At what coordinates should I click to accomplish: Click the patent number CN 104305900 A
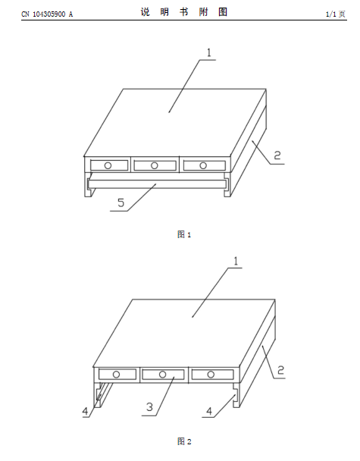(x=47, y=14)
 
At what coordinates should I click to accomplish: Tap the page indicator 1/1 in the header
(x=331, y=14)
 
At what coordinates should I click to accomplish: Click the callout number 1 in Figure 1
(x=209, y=52)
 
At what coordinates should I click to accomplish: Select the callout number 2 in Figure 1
(x=277, y=155)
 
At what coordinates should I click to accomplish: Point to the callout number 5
(x=121, y=202)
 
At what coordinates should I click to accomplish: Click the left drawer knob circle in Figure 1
(x=108, y=165)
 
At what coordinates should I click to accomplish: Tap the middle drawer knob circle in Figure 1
(x=155, y=165)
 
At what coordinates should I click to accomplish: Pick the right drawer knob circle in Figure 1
(x=203, y=165)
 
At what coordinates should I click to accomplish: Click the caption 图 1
(x=184, y=234)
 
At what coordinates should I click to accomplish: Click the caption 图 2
(x=184, y=441)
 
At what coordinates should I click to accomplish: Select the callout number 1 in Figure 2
(x=236, y=261)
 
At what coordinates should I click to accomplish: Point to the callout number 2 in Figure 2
(x=280, y=370)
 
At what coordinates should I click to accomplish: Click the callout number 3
(x=149, y=407)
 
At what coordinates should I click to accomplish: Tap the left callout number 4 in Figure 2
(x=85, y=411)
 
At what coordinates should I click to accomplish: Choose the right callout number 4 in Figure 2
(x=209, y=411)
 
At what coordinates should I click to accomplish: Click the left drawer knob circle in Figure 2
(x=116, y=375)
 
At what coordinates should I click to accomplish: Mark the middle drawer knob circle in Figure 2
(x=162, y=375)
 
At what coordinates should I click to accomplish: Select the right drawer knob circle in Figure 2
(x=211, y=375)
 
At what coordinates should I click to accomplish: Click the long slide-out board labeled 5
(x=157, y=184)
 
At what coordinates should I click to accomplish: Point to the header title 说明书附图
(x=184, y=12)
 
